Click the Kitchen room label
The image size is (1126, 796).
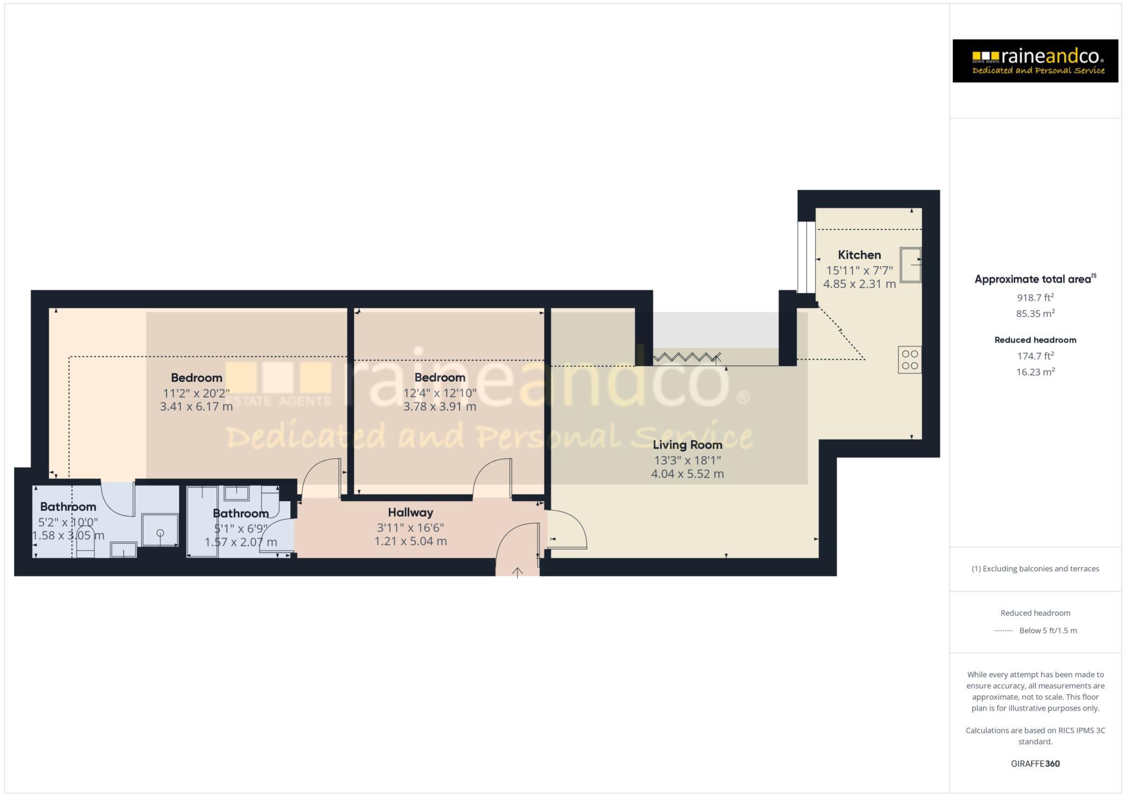(859, 255)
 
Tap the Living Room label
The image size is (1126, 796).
(687, 445)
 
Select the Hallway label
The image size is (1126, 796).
(410, 512)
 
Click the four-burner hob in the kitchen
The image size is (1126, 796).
(910, 360)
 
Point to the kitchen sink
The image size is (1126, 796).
(910, 265)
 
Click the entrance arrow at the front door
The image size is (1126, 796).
(517, 572)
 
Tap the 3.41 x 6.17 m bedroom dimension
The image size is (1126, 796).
(196, 407)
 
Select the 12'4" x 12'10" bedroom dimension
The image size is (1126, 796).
(440, 393)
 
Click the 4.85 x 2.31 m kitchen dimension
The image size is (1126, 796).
(859, 284)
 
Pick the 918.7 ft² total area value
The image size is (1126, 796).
(1035, 298)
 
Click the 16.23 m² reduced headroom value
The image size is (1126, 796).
(1035, 372)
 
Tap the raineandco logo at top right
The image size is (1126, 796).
(1035, 61)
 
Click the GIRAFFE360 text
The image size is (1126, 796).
(1035, 764)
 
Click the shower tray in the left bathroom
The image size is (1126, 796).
(160, 530)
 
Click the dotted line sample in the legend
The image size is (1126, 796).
(1003, 631)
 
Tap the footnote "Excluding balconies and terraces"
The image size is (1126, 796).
(1035, 569)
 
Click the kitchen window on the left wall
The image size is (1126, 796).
(807, 257)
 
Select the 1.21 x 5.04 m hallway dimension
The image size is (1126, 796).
(410, 541)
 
